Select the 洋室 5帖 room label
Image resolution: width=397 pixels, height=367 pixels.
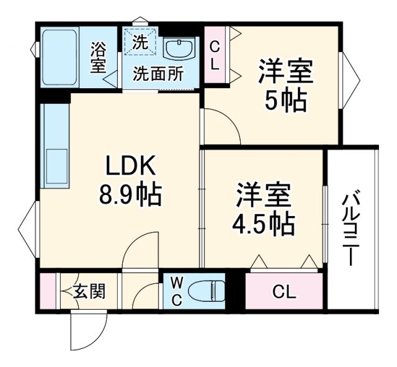[285, 85]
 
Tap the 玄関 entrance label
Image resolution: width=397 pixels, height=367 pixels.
[89, 291]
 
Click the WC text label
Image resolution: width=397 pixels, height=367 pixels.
[176, 291]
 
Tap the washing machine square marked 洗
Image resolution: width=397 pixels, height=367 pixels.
[140, 43]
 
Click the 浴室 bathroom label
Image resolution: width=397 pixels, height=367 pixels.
[98, 57]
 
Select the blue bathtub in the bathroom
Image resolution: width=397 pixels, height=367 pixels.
[57, 57]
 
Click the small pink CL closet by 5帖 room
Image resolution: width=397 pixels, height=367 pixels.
[213, 55]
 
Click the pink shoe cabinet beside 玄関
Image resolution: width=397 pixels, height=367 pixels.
[47, 291]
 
